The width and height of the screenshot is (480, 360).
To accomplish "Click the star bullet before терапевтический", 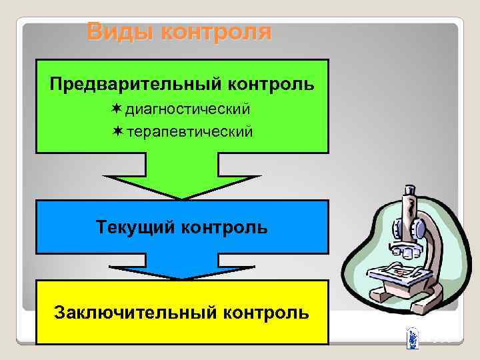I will pos(117,131).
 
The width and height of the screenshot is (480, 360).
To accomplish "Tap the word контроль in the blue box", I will pos(225,227).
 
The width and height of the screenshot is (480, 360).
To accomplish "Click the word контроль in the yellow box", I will pos(267,311).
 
